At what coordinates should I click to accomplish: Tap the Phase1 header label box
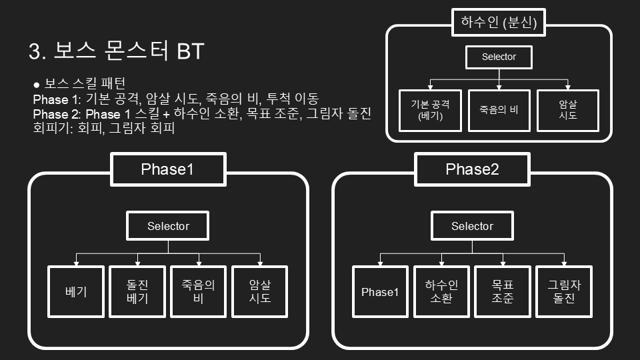pos(167,169)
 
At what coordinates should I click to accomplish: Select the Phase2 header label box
pos(472,169)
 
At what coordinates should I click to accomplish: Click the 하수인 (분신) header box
pos(499,23)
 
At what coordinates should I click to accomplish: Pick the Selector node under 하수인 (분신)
pos(499,57)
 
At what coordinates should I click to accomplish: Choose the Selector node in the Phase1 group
pos(168,226)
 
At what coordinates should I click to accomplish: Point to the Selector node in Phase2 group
pos(472,226)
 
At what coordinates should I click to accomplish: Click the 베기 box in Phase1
pos(76,292)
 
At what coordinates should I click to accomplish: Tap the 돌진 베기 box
pos(137,292)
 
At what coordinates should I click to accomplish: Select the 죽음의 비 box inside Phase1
pos(199,292)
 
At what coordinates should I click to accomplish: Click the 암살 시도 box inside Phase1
pos(260,292)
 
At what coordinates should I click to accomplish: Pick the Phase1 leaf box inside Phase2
pos(380,292)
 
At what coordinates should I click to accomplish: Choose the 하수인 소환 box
pos(441,292)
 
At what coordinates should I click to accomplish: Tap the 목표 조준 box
pos(503,292)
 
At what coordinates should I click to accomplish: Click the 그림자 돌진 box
pos(564,292)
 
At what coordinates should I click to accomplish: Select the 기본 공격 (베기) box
pos(429,110)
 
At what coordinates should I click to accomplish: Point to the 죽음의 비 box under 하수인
pos(499,110)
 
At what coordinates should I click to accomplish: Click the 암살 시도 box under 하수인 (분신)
pos(567,110)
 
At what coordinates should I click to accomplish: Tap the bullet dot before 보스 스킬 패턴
pos(37,85)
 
